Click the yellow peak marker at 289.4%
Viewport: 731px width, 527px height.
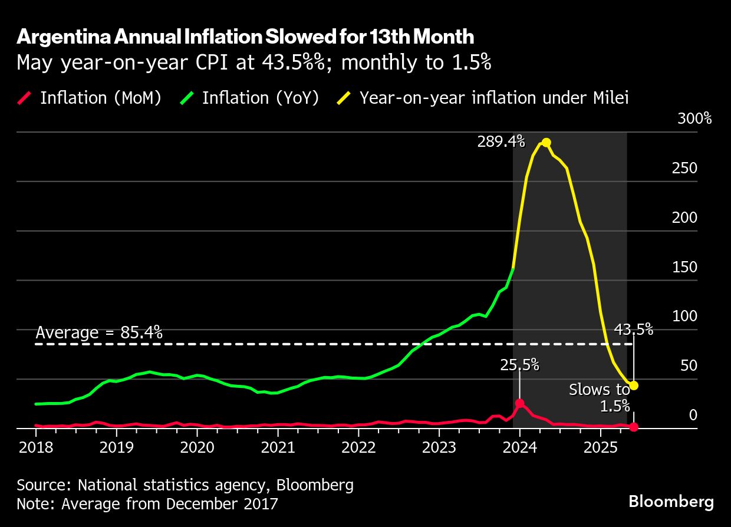pos(546,143)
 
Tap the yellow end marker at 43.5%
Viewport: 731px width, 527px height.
pos(634,386)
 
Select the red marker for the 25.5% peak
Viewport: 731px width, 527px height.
pos(519,403)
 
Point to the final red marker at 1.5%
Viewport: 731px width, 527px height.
pos(634,427)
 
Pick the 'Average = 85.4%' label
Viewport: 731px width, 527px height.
pos(99,333)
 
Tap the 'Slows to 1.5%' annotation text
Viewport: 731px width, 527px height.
pos(600,397)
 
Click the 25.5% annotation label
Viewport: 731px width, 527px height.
pos(519,365)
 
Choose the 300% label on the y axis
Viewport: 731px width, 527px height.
pos(694,118)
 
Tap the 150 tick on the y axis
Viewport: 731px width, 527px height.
pos(684,267)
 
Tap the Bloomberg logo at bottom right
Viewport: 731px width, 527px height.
pos(671,502)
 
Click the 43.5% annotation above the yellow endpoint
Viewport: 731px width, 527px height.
pos(634,330)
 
